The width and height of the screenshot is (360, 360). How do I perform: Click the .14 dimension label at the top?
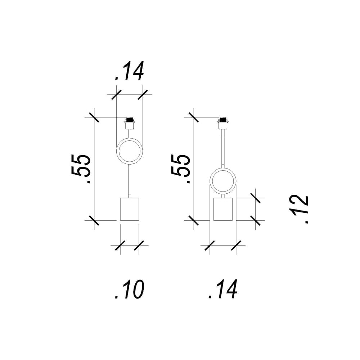[x=130, y=71]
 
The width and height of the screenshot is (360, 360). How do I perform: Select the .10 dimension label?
[x=130, y=289]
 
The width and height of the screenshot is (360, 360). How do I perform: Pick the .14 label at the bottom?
[x=223, y=289]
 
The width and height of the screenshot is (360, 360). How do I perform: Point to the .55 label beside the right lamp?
[x=181, y=169]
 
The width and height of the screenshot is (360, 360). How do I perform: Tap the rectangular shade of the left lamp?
[x=130, y=209]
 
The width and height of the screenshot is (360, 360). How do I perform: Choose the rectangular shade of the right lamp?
[x=223, y=209]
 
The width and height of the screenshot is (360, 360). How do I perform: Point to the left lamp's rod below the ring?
[x=130, y=181]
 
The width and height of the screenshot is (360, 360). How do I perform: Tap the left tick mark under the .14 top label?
[x=116, y=94]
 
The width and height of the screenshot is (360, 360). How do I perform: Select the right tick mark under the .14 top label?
[x=143, y=94]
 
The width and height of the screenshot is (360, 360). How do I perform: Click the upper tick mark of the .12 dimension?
[x=256, y=198]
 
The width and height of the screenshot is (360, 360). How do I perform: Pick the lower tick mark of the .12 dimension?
[x=256, y=220]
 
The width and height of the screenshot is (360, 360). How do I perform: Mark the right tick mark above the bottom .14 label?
[x=236, y=245]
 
